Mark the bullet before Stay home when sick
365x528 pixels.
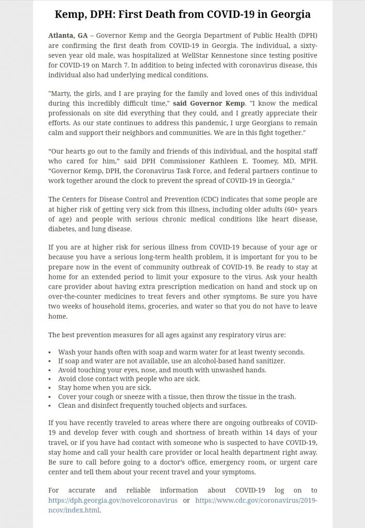(50, 387)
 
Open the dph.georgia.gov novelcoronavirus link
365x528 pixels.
(113, 500)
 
